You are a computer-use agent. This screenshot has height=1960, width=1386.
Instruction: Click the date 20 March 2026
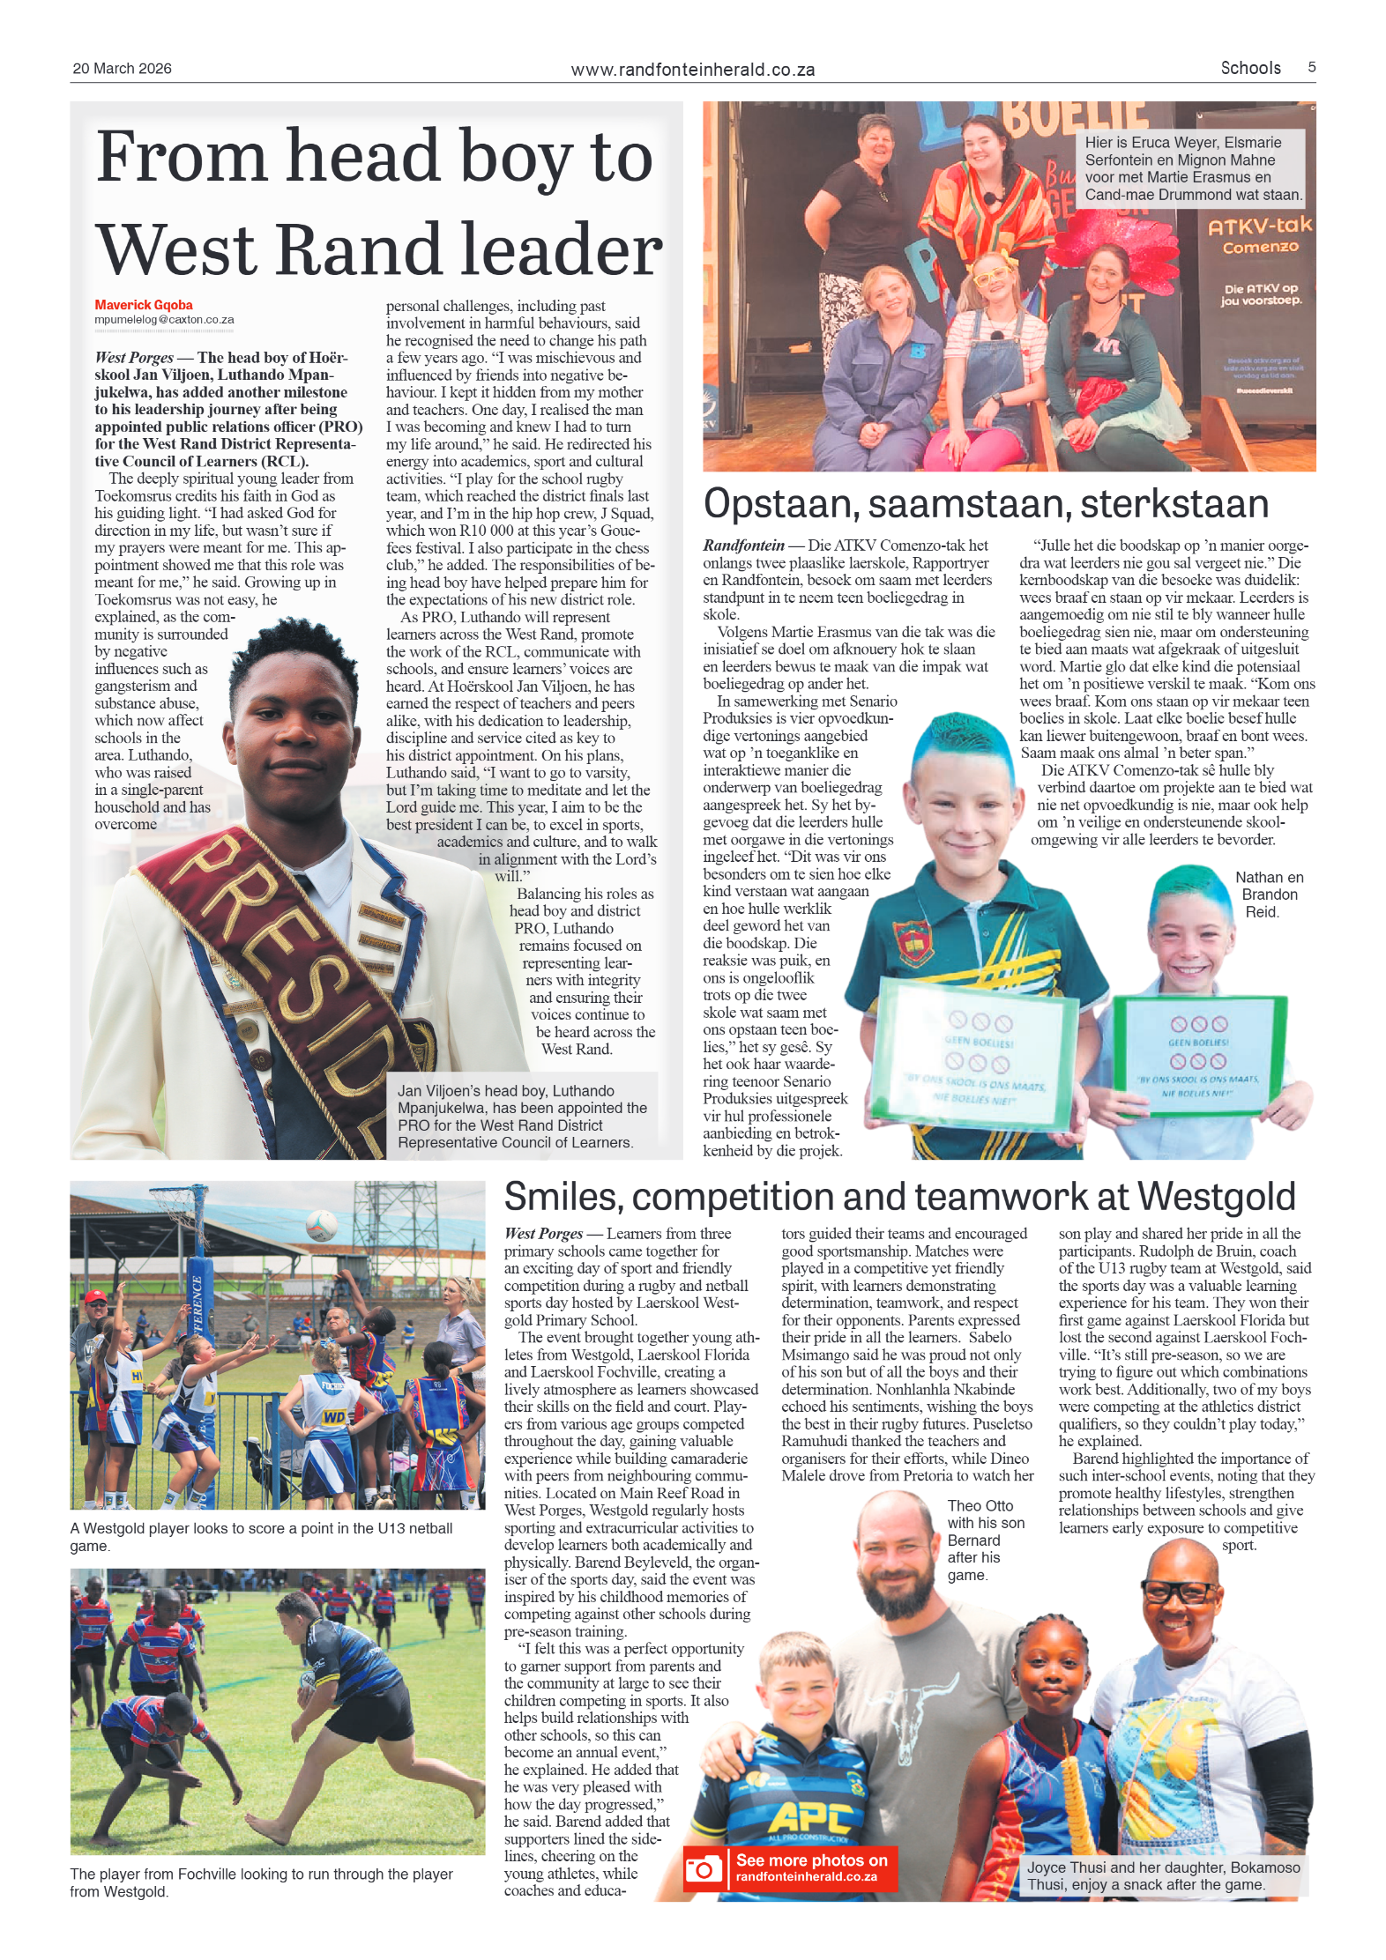tap(122, 69)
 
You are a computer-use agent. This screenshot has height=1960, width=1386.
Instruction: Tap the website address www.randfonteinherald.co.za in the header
tap(692, 70)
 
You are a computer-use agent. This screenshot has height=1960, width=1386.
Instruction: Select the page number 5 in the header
tap(1311, 67)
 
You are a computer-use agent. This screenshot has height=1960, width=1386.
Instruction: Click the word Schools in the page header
tap(1250, 68)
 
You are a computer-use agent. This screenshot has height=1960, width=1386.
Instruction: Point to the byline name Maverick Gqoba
tap(144, 305)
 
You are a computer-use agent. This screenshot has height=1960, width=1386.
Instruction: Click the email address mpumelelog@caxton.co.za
tap(164, 320)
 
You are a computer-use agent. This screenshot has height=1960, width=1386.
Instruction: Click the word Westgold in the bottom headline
tap(1216, 1197)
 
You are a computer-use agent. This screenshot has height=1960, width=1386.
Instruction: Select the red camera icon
tap(704, 1869)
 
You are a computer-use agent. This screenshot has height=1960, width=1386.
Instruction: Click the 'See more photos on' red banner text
tap(812, 1860)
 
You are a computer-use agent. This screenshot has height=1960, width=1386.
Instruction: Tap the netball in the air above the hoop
tap(322, 1224)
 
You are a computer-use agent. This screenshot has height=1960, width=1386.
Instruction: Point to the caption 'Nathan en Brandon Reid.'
tap(1268, 895)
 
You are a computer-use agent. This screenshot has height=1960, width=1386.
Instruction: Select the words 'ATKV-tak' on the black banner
tap(1259, 226)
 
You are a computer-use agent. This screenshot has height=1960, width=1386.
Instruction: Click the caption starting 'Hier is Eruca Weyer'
tap(1192, 168)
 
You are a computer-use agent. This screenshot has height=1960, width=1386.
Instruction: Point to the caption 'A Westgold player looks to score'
tap(261, 1537)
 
